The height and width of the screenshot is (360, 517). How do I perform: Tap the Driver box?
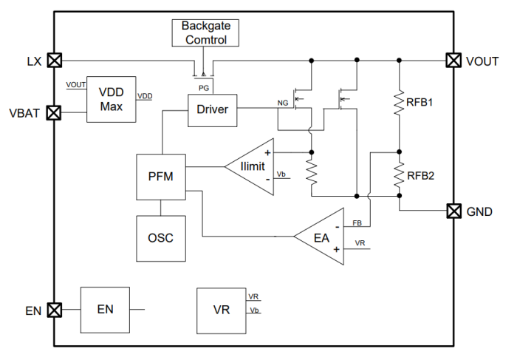point(212,110)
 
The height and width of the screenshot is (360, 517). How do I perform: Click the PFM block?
point(161,177)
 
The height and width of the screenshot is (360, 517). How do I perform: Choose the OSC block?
point(161,237)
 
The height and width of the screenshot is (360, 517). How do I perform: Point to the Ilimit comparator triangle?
point(248,166)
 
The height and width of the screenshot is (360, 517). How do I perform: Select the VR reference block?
point(222,310)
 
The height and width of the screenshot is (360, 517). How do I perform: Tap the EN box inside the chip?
point(104,309)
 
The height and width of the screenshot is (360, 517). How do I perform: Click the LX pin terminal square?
point(54,61)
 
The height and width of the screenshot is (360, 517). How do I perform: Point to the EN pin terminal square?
point(54,309)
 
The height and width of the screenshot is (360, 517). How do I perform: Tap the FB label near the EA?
point(357,223)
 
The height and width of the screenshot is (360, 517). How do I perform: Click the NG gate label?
point(282,103)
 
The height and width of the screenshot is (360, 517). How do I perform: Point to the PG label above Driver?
point(204,87)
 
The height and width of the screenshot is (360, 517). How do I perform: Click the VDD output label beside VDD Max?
point(145,95)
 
